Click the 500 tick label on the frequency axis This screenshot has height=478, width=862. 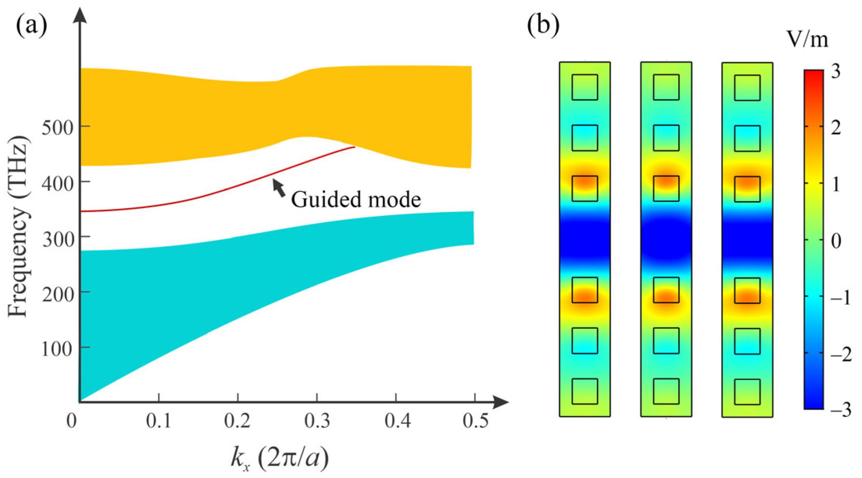point(57,128)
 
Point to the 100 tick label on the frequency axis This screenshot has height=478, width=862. point(57,349)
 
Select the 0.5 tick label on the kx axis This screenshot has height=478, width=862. point(476,421)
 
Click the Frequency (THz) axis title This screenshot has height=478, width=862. point(18,227)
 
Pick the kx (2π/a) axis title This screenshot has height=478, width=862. point(280,458)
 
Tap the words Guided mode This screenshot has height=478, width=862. point(356,200)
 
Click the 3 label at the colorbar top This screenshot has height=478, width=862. point(835,72)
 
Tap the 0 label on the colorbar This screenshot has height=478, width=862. point(836,241)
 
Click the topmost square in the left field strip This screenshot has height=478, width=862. point(584,87)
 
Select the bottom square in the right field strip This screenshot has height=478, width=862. point(747,392)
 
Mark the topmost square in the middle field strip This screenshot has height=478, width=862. point(666,87)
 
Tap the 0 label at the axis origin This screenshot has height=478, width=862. point(71,421)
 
